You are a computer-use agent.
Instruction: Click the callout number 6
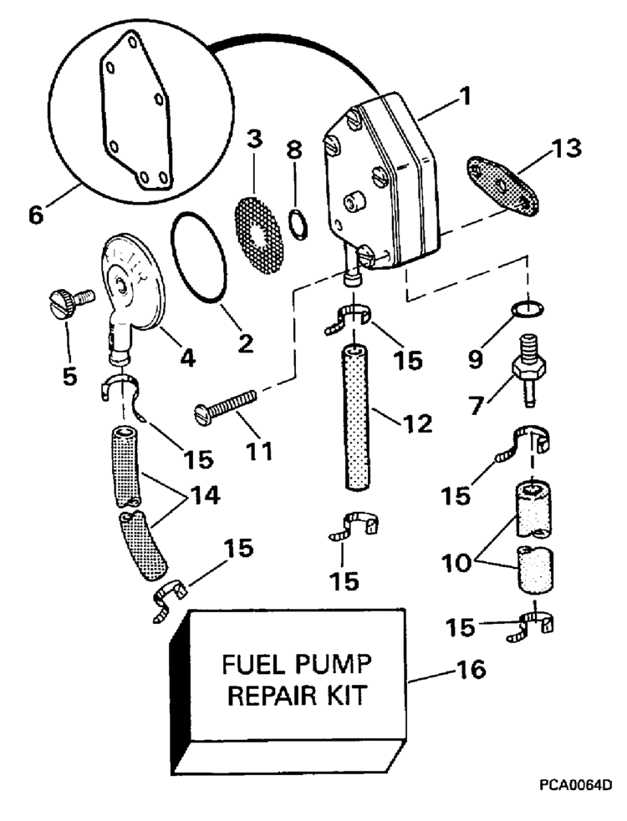38,214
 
